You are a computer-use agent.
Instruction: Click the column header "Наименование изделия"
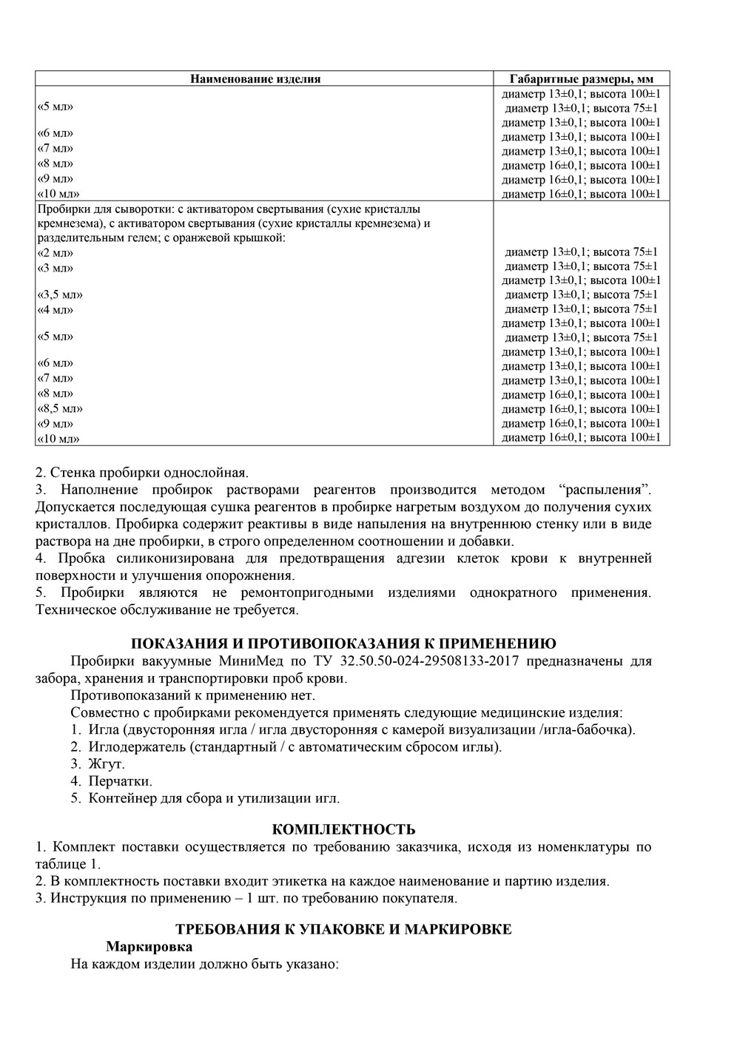pos(255,79)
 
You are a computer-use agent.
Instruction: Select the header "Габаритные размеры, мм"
pos(581,79)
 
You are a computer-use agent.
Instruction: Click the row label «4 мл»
pos(55,309)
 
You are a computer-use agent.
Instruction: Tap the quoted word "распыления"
pos(605,490)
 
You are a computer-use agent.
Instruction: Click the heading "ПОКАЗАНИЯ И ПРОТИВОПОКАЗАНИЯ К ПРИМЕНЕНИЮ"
pos(343,643)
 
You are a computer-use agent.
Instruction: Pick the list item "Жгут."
pos(107,763)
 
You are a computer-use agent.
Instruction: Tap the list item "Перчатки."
pos(120,781)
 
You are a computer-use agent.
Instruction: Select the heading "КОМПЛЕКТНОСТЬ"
pos(343,829)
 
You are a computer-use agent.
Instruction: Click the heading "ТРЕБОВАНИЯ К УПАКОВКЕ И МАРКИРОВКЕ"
pos(343,929)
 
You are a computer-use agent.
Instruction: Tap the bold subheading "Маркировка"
pos(149,946)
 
